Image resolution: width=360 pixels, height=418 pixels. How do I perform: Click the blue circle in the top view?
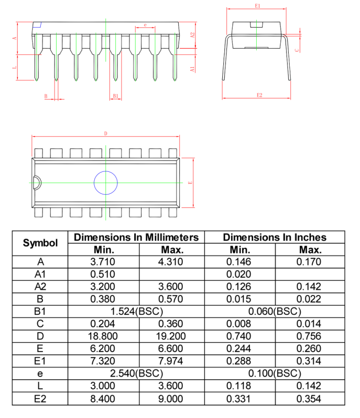tap(106, 183)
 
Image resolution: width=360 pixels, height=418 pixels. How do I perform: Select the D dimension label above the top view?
tap(106, 134)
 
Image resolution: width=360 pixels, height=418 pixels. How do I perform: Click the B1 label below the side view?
tap(115, 96)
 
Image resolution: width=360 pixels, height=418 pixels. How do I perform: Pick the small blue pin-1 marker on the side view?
tap(37, 25)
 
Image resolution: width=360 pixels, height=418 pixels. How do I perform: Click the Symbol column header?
tap(40, 243)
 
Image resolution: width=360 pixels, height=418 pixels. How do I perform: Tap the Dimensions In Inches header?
tap(275, 237)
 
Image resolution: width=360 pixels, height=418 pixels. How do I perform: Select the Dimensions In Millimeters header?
tap(136, 237)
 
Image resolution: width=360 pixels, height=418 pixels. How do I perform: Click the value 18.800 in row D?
tap(104, 336)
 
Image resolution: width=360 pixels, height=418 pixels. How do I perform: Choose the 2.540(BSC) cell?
tap(136, 373)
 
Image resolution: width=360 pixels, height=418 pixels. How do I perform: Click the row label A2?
tap(40, 286)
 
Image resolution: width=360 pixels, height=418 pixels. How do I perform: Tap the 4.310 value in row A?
tap(172, 261)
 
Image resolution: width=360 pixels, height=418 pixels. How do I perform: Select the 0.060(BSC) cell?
tap(275, 311)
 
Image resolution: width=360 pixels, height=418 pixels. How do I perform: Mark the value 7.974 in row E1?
tap(172, 361)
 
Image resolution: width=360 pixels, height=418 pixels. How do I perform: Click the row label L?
tap(40, 386)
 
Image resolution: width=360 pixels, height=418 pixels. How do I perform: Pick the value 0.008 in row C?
tap(239, 324)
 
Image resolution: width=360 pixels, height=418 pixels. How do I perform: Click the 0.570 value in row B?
tap(172, 299)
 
